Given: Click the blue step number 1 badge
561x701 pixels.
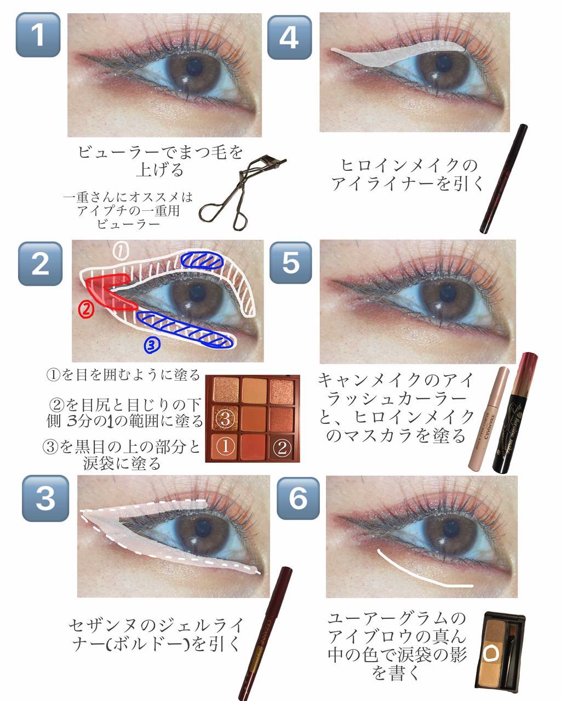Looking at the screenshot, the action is pos(38,35).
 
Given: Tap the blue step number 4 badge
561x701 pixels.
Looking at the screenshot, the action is pos(289,37).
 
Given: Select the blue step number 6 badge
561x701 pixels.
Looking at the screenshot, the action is pos(298,498).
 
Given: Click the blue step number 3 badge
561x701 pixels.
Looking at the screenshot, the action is pos(45,498).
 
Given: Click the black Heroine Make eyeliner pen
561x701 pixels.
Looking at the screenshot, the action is pos(503,179).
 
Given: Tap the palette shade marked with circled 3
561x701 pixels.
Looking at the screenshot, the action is pos(225,418).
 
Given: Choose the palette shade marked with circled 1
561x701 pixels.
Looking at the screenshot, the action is pos(225,447).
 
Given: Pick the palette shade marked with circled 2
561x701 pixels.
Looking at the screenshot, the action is pos(282,447).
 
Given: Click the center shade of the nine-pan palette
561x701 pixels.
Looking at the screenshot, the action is pos(254,418).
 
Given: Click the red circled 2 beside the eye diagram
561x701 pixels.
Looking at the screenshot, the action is pos(86,309).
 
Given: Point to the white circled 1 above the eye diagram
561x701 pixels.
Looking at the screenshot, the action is pos(120,251).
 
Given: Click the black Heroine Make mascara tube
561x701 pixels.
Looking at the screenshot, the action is pos(515,413).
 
